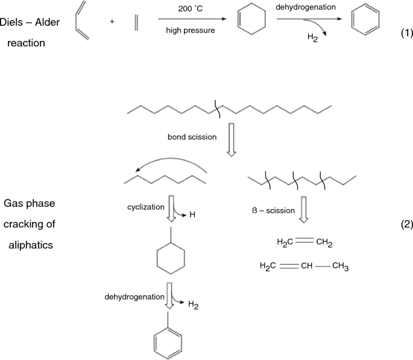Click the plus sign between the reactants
click(112, 22)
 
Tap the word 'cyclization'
click(145, 207)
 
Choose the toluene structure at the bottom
click(169, 341)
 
